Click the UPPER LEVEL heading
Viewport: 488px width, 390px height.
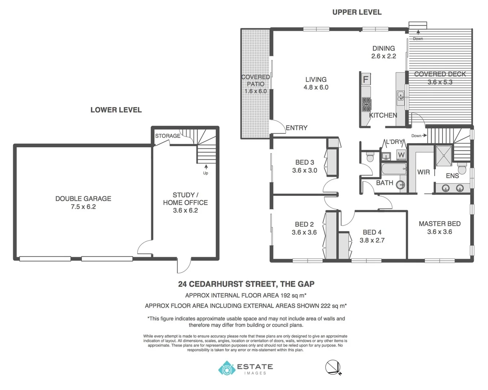point(357,12)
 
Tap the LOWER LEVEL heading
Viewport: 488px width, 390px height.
point(116,110)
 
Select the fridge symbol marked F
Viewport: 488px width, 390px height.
point(366,79)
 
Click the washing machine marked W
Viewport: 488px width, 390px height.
point(401,155)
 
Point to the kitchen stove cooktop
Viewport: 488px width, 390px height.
point(366,104)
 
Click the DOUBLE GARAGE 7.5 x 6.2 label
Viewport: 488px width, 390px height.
point(83,203)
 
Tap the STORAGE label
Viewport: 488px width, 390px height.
point(167,136)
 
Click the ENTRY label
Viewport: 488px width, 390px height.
point(296,127)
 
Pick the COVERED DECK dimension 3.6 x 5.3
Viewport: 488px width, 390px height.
point(440,82)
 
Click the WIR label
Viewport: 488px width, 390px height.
point(423,172)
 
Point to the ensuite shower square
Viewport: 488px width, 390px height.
point(444,155)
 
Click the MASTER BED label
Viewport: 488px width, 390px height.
point(439,224)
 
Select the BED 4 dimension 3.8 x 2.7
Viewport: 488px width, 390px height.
point(372,240)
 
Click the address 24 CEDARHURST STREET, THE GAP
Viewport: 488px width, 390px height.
point(246,284)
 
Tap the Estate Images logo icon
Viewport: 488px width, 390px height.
point(227,368)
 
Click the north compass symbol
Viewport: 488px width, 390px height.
point(333,368)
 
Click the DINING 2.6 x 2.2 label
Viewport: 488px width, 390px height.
point(383,52)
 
